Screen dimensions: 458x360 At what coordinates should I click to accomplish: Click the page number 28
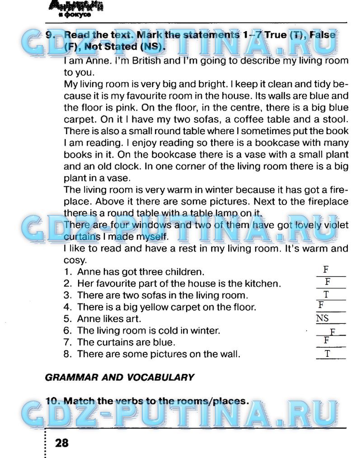coord(61,443)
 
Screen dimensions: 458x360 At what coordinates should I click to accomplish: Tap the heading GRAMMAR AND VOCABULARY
coord(120,377)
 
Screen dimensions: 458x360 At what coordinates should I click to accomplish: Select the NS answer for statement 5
coord(323,319)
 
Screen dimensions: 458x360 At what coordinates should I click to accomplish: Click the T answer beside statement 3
coord(326,295)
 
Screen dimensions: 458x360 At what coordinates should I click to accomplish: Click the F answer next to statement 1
coord(326,270)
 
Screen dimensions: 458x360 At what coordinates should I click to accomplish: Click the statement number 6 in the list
coord(68,331)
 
